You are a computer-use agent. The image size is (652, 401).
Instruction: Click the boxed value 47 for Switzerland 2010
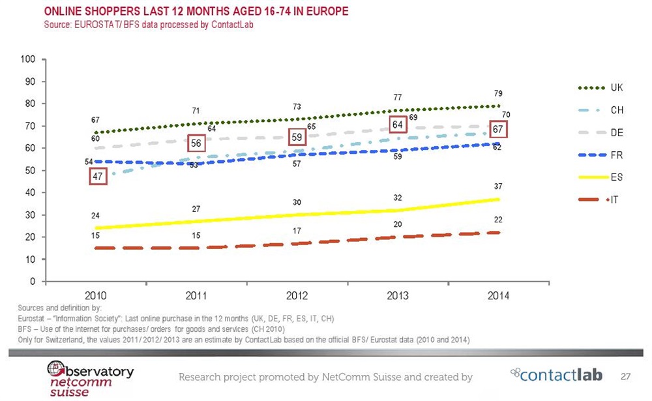point(96,176)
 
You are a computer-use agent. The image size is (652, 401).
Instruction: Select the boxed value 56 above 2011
point(196,143)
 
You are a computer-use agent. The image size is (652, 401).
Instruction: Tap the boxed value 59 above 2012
point(297,138)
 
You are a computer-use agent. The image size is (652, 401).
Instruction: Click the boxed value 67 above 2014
point(498,129)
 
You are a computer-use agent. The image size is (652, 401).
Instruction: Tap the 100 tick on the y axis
point(27,59)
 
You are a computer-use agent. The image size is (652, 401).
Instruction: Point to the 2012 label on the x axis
point(297,295)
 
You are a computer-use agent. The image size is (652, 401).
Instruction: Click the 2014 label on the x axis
point(499,295)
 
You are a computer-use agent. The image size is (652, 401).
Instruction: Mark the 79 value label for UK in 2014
point(497,94)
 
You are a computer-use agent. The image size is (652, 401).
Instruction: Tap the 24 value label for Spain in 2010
point(95,215)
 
